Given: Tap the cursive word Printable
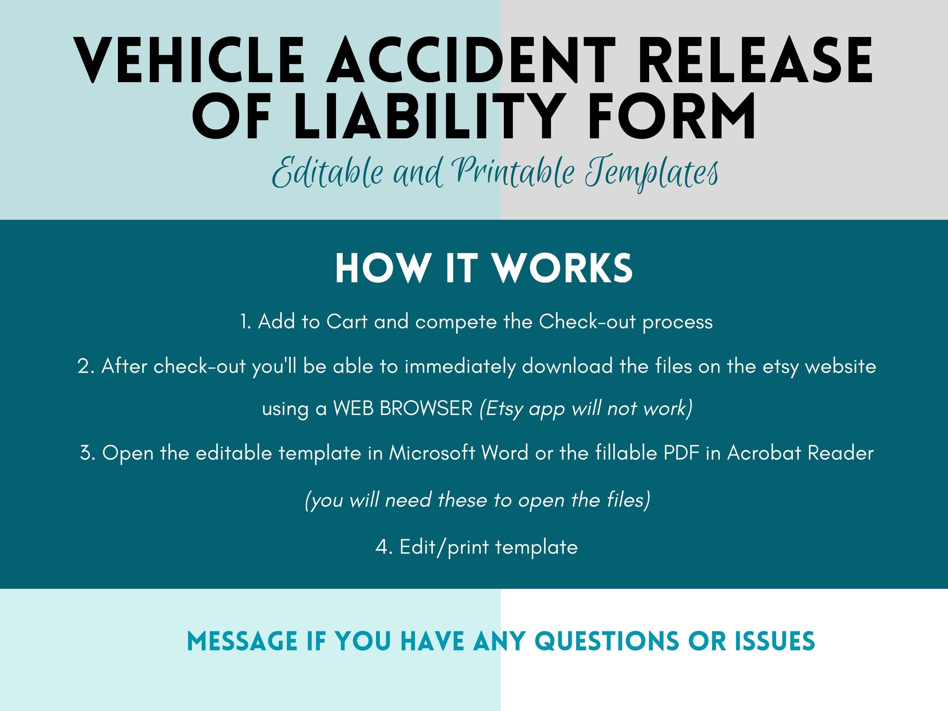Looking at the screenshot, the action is (x=514, y=173).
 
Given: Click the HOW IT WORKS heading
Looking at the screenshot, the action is (x=484, y=269).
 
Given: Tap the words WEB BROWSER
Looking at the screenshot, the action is (x=403, y=408).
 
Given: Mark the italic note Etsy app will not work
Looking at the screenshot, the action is (x=586, y=409).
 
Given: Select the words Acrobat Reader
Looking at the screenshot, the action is (x=800, y=453).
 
